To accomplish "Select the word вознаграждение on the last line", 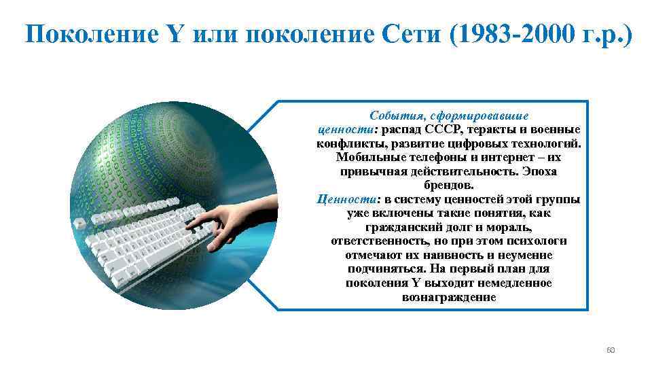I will [x=449, y=297].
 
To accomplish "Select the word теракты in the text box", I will [x=486, y=129].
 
